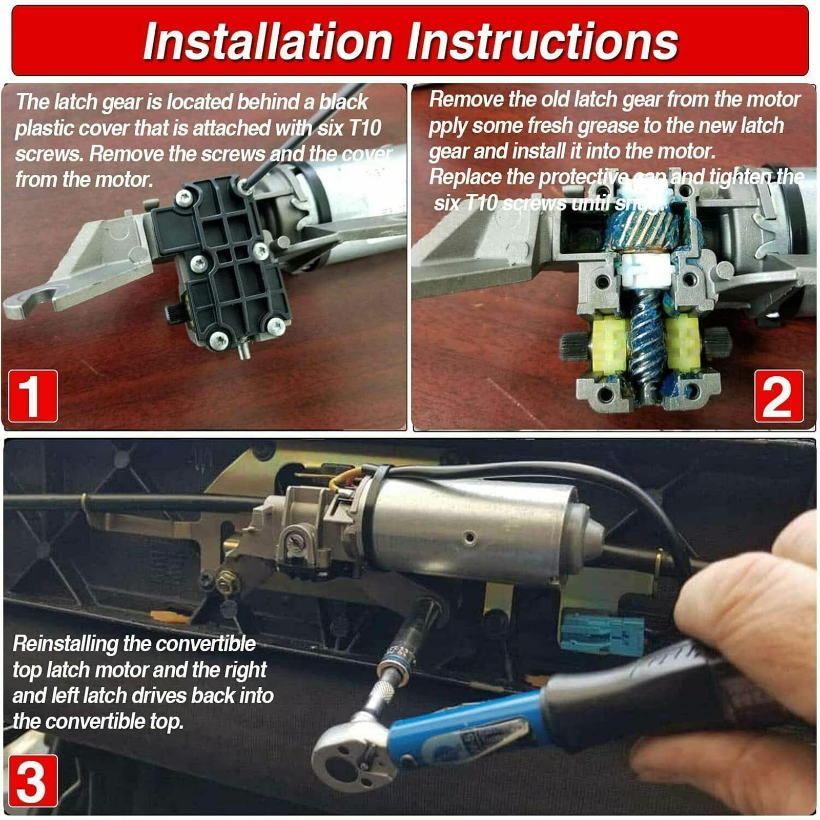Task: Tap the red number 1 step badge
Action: tap(33, 396)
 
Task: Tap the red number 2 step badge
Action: tap(778, 396)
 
